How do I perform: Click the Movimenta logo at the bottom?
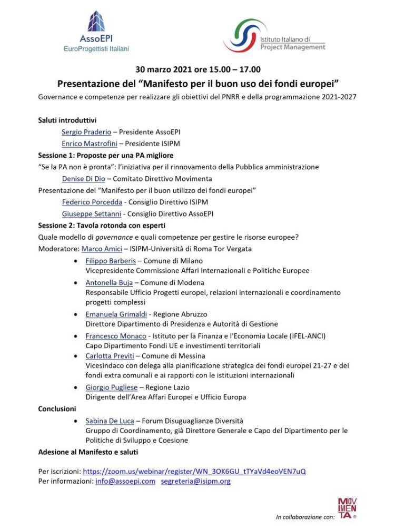coord(347,508)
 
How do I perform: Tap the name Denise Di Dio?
coord(84,179)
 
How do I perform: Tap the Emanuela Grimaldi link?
coord(116,314)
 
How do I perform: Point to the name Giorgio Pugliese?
coord(112,387)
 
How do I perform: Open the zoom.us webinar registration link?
coord(194,471)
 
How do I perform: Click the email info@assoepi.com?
coord(125,481)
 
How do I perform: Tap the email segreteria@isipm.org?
coord(195,481)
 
